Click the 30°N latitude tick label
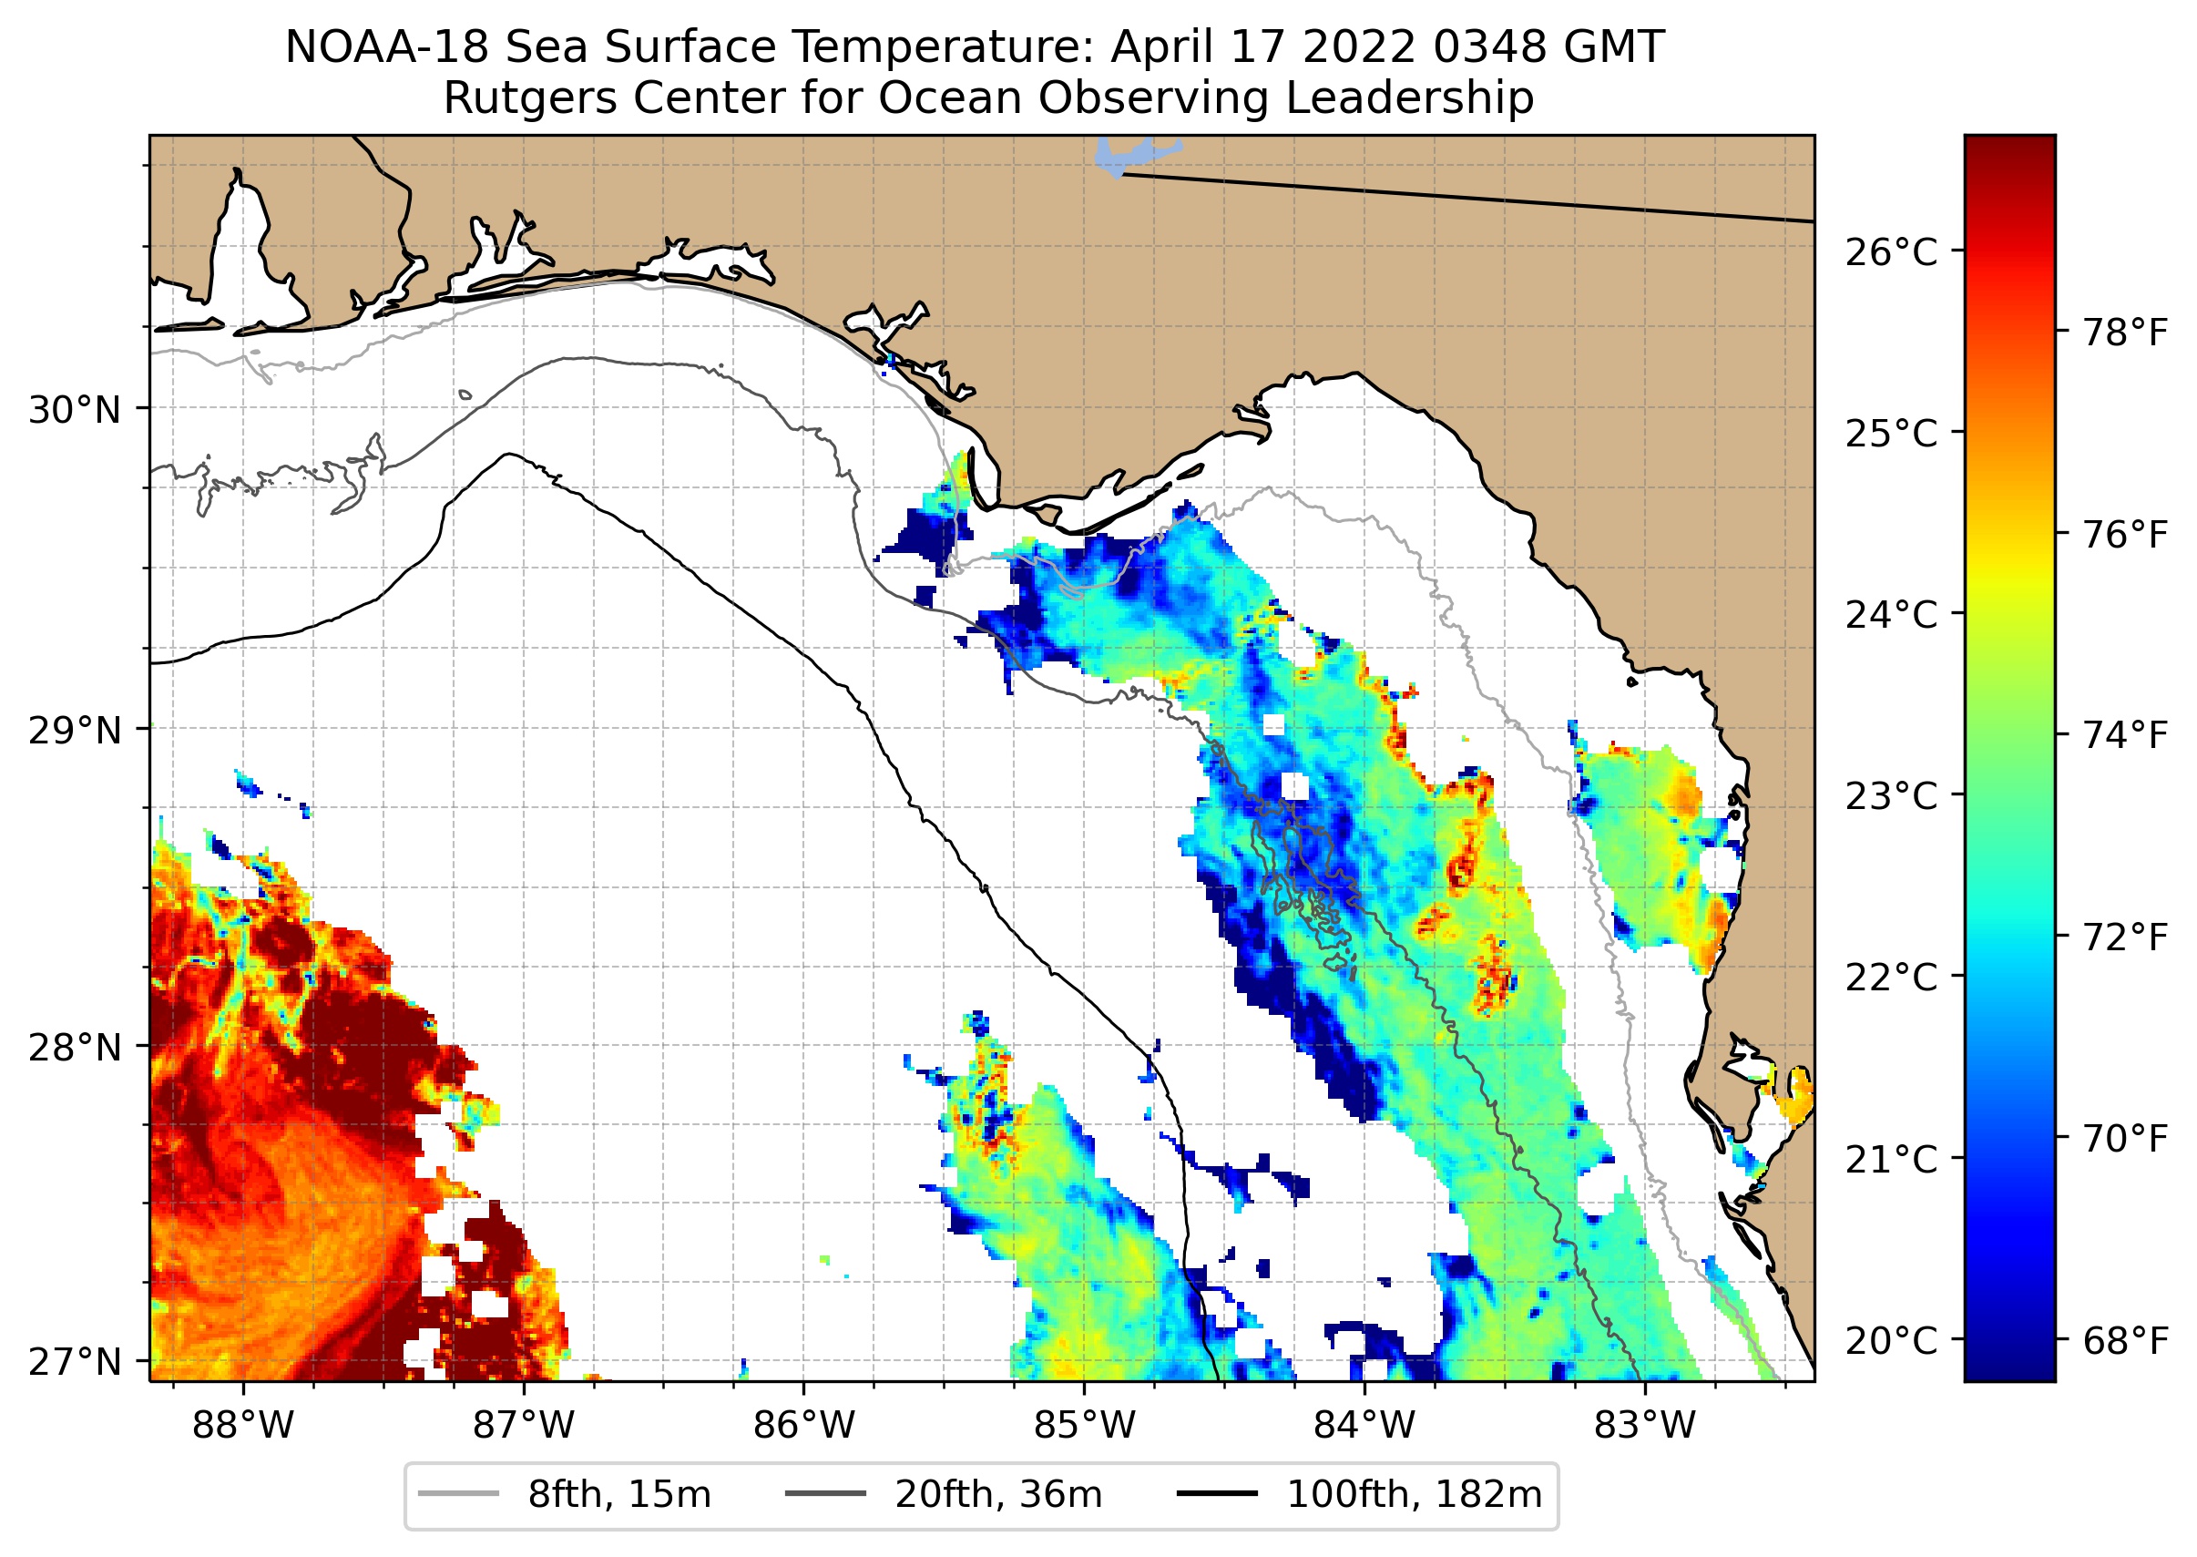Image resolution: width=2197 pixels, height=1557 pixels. pos(75,410)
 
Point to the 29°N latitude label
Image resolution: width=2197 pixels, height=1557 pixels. pos(75,731)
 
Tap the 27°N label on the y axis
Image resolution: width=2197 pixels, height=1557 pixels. pos(75,1361)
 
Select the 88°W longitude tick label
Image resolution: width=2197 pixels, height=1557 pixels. pos(243,1426)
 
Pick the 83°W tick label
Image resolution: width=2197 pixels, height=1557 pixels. pos(1645,1426)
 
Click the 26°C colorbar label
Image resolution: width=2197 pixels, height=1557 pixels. pos(1890,253)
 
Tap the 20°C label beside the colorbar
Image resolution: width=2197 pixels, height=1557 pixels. pos(1890,1340)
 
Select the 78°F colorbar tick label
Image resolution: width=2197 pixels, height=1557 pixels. pos(2125,333)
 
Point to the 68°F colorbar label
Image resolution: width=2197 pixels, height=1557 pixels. pos(2125,1341)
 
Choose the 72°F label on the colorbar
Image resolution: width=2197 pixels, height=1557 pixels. pos(2125,937)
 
